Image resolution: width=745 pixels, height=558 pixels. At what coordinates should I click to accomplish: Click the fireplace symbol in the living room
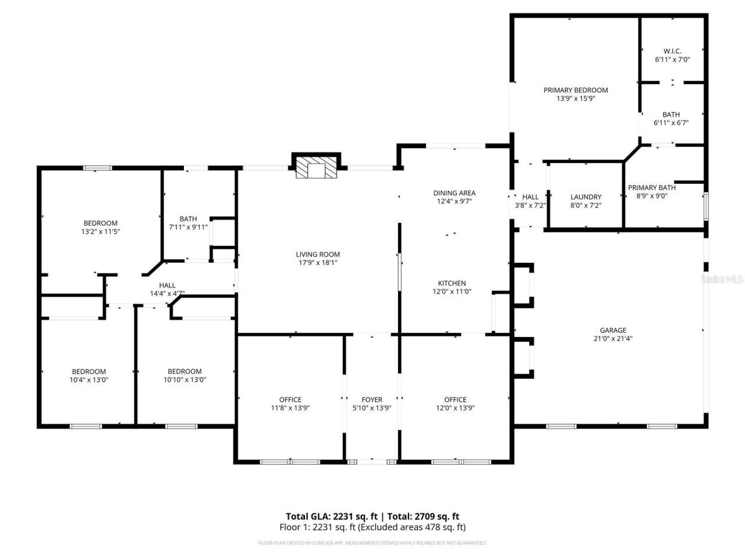pyautogui.click(x=317, y=167)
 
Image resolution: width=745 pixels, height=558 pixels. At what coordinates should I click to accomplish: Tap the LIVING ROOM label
pyautogui.click(x=318, y=254)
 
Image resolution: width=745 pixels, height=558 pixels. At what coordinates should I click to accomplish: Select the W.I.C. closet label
pyautogui.click(x=672, y=51)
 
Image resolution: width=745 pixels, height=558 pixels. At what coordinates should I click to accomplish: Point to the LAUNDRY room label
pyautogui.click(x=586, y=197)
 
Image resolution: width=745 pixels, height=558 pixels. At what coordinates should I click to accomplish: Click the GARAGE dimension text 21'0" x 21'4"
pyautogui.click(x=613, y=338)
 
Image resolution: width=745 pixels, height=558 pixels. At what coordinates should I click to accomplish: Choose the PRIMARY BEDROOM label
pyautogui.click(x=576, y=90)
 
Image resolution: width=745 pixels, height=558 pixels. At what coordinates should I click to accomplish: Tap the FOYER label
pyautogui.click(x=372, y=399)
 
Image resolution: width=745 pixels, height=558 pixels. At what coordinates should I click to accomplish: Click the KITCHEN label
pyautogui.click(x=452, y=283)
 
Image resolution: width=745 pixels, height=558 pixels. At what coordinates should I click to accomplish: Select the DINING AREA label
pyautogui.click(x=454, y=193)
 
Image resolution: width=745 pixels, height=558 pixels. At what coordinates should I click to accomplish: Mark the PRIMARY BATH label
pyautogui.click(x=651, y=187)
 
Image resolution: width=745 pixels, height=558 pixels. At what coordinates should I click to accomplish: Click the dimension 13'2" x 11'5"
pyautogui.click(x=101, y=231)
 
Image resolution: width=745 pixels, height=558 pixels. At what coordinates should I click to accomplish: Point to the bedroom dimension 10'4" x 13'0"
pyautogui.click(x=89, y=380)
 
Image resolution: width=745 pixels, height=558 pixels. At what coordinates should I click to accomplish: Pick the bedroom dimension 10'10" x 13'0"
pyautogui.click(x=185, y=380)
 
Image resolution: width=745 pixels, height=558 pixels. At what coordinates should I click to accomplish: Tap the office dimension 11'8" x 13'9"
pyautogui.click(x=290, y=408)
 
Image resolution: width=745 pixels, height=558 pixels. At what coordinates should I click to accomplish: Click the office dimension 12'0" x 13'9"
pyautogui.click(x=455, y=408)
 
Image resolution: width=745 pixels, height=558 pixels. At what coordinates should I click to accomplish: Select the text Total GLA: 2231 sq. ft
pyautogui.click(x=331, y=516)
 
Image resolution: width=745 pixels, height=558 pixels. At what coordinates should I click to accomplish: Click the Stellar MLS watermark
pyautogui.click(x=722, y=280)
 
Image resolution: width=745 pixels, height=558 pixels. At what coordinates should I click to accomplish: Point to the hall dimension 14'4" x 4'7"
pyautogui.click(x=167, y=294)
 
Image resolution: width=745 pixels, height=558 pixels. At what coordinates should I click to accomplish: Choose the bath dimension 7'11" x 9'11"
pyautogui.click(x=188, y=227)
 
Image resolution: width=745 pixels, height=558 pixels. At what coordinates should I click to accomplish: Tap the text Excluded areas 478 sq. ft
pyautogui.click(x=412, y=527)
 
